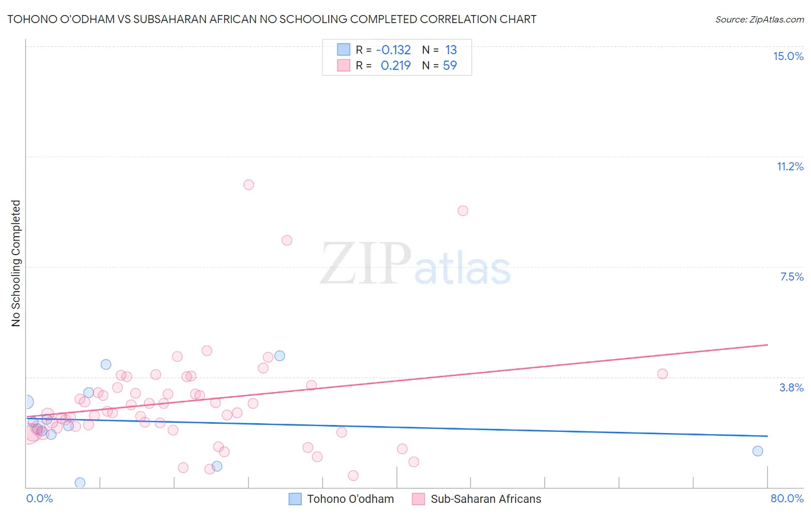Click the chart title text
coord(272,19)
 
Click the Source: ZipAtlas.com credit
coord(759,19)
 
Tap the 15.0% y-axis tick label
coord(788,56)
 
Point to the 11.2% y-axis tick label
coord(790,166)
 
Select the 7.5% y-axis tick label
coord(791,277)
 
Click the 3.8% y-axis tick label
coord(791,387)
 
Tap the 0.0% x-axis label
coord(39,498)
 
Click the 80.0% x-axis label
coord(787,498)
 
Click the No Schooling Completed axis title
coord(16,263)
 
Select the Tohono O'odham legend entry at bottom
coord(341,499)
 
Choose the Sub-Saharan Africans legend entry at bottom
coord(477,499)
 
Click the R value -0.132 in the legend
coord(393,50)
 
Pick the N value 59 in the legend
coord(450,65)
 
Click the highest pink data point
coord(249,185)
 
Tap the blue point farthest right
coord(757,451)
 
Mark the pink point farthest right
coord(662,374)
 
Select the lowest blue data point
coord(80,483)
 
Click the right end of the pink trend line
coord(767,345)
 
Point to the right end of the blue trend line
coord(767,436)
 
